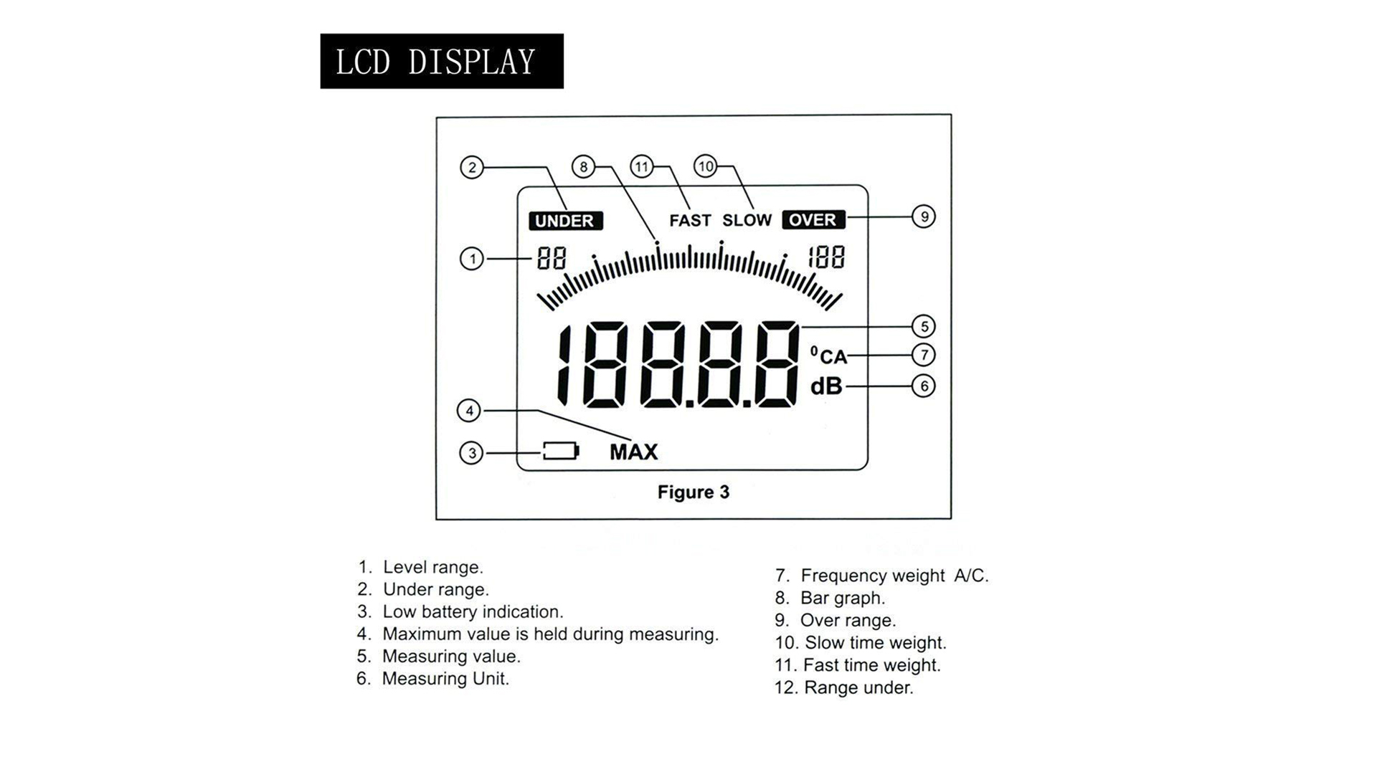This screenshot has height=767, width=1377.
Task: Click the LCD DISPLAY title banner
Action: (441, 62)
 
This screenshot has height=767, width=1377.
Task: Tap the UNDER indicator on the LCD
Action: (565, 221)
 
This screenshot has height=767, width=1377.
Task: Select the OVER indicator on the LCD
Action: (813, 219)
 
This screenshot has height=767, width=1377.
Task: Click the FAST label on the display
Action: (690, 221)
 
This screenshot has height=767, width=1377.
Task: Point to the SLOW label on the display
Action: (747, 221)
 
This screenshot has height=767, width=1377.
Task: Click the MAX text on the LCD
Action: (633, 452)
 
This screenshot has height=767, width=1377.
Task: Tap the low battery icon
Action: (560, 451)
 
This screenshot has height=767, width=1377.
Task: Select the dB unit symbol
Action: (826, 386)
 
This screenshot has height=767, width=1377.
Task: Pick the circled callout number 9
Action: (924, 216)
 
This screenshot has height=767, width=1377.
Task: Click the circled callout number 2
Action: (472, 168)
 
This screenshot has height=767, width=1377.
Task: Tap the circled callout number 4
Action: (469, 411)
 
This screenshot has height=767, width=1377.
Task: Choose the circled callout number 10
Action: (706, 166)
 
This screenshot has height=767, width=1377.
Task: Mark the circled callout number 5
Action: (924, 327)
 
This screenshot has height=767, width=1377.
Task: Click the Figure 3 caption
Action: (693, 492)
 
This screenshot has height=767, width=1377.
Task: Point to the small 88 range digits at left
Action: (552, 258)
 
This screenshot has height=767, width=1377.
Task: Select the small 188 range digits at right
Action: (826, 257)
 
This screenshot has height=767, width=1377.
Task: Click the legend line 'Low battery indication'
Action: (460, 611)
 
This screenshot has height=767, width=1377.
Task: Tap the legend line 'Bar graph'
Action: (830, 598)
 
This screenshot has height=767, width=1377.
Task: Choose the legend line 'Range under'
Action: (843, 687)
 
